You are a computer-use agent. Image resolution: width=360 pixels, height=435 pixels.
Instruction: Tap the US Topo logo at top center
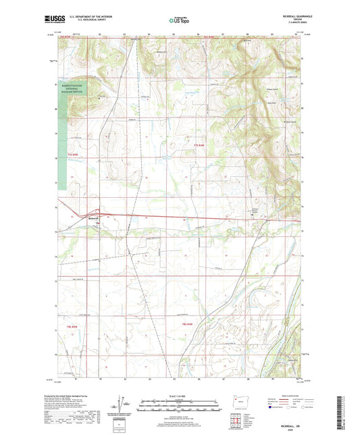pos(179,22)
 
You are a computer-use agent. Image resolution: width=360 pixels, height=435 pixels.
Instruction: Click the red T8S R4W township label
pos(188,326)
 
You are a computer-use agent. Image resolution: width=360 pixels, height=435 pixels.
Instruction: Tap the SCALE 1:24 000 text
pos(180,396)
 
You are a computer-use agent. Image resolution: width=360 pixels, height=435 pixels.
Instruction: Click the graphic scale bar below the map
pos(180,403)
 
